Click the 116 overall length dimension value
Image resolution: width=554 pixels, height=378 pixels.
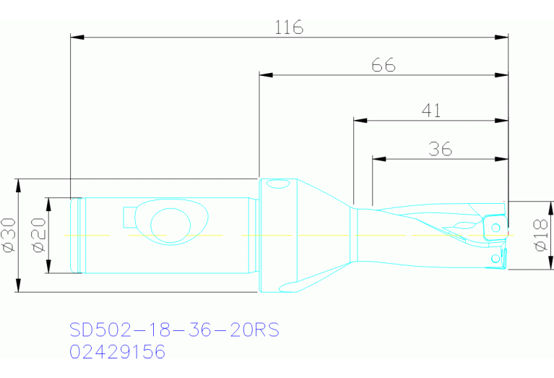(x=289, y=27)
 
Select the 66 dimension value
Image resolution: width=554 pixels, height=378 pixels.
(x=384, y=65)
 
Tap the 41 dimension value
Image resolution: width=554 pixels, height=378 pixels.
(x=431, y=110)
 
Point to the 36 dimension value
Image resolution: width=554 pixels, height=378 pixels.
(x=440, y=149)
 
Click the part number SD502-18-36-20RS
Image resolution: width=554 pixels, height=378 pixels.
(x=174, y=330)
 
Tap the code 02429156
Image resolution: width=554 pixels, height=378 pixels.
(x=118, y=352)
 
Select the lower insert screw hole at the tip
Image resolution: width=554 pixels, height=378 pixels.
(x=494, y=257)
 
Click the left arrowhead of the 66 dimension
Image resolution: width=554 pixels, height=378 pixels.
(x=264, y=74)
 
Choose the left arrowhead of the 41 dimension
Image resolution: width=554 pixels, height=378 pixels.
(x=358, y=119)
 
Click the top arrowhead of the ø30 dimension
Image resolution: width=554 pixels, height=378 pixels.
(x=20, y=183)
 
